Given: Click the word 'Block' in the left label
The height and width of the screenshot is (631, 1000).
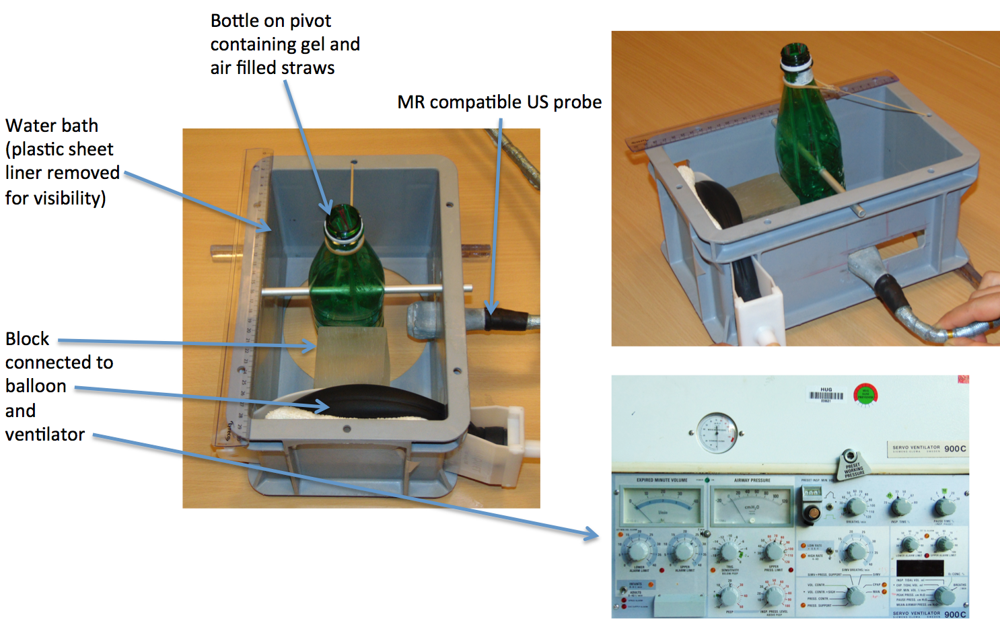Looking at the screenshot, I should pyautogui.click(x=28, y=338).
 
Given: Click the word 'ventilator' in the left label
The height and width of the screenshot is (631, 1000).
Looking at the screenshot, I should pyautogui.click(x=45, y=435).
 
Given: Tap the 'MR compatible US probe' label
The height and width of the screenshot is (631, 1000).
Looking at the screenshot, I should pyautogui.click(x=499, y=102).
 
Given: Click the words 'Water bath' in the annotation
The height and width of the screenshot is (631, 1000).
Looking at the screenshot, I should pyautogui.click(x=52, y=126).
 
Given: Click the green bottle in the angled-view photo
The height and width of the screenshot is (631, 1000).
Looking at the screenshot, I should pyautogui.click(x=807, y=135).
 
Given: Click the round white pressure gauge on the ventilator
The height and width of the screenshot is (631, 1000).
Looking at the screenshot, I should pyautogui.click(x=717, y=433).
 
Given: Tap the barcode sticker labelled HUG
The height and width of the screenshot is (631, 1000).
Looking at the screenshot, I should pyautogui.click(x=826, y=395).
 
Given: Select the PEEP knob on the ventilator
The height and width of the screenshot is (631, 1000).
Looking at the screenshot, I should pyautogui.click(x=727, y=596).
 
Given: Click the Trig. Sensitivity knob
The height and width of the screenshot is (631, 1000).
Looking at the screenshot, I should pyautogui.click(x=729, y=552).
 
